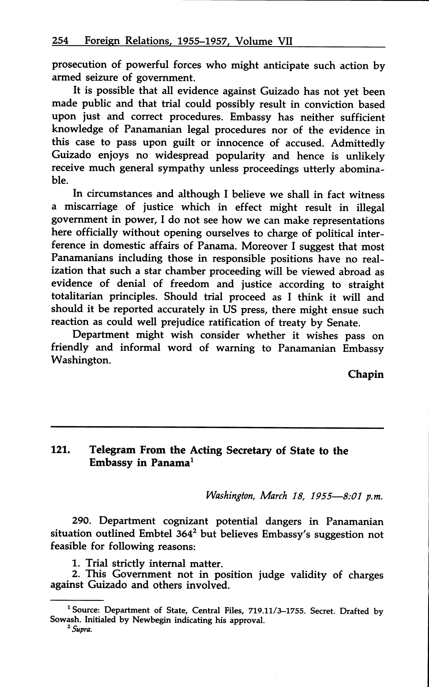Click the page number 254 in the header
(60, 41)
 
